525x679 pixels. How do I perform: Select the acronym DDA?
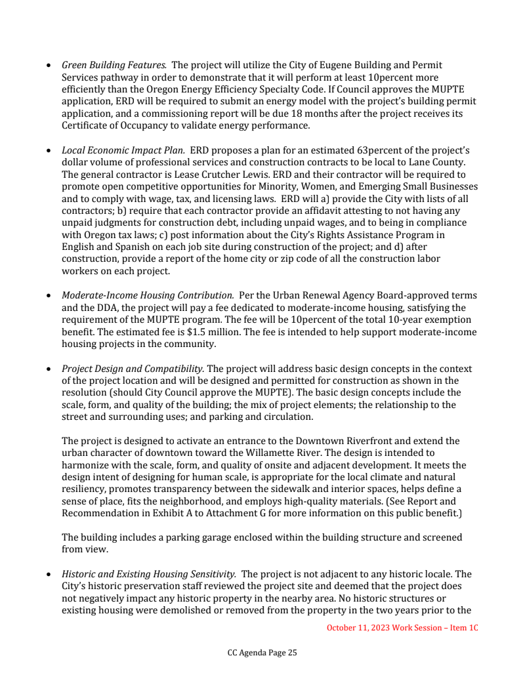pos(102,308)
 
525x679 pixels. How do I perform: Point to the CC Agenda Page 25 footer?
pos(262,653)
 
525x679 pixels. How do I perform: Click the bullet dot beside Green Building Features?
pos(50,66)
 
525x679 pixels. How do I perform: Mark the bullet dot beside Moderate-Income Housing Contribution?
pos(50,297)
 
